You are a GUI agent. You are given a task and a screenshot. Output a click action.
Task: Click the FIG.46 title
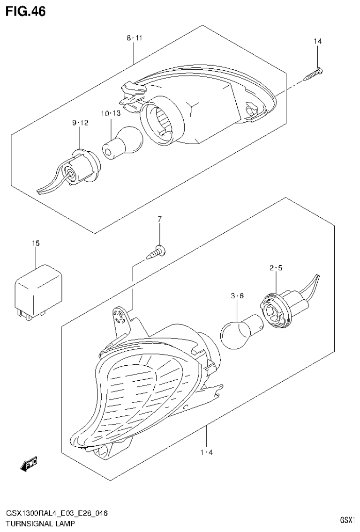[x=25, y=11]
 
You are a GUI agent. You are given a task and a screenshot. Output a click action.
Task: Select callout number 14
[x=318, y=42]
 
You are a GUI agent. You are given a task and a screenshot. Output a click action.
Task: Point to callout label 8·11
[x=134, y=37]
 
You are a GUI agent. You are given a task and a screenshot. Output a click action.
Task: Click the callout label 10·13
[x=111, y=113]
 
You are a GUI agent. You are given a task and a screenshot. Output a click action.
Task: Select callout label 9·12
[x=80, y=123]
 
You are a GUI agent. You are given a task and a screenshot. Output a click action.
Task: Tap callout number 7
[x=159, y=219]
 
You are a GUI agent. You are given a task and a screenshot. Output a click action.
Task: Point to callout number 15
[x=36, y=243]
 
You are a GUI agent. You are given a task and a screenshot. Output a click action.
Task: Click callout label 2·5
[x=276, y=268]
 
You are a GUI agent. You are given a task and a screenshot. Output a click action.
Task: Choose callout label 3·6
[x=238, y=296]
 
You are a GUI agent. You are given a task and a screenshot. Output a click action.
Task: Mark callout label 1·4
[x=206, y=452]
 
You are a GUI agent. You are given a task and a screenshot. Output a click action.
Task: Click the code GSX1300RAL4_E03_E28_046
[x=57, y=514]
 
